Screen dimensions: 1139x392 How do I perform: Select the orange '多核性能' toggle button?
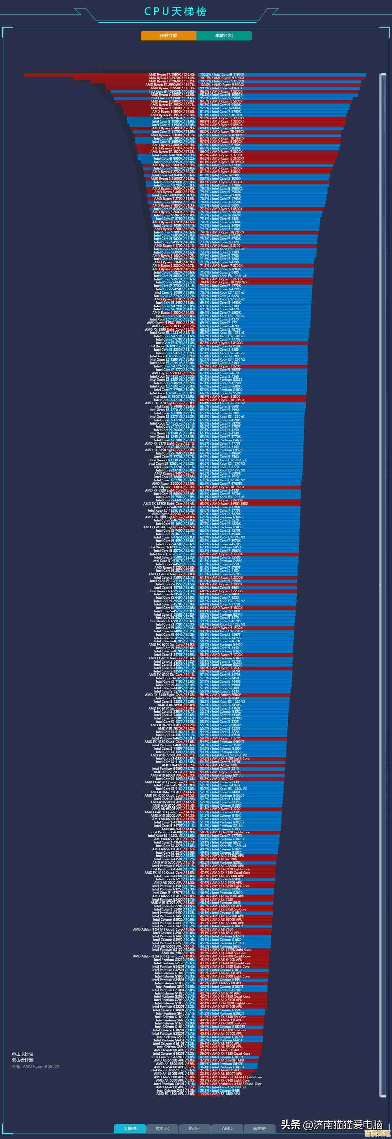click(169, 36)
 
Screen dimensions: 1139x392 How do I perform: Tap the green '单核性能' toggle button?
click(224, 36)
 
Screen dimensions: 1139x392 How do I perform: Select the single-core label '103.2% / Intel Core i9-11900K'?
click(222, 75)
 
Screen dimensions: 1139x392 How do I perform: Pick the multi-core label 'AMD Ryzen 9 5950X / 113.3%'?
click(172, 88)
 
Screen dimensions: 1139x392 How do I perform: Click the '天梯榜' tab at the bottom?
click(130, 1128)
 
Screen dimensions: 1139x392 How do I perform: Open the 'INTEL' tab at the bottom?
click(194, 1128)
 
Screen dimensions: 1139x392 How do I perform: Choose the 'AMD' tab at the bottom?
click(227, 1128)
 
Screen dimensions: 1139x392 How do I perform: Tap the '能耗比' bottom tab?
click(162, 1128)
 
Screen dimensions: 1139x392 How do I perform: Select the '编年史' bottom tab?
click(259, 1128)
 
